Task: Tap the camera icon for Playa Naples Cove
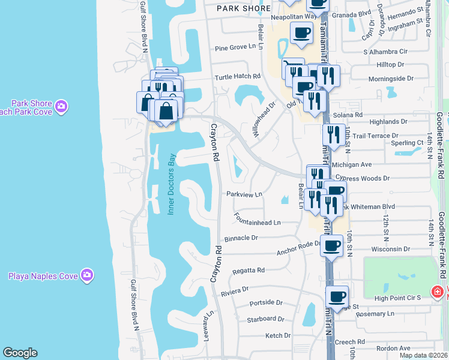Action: coord(87,275)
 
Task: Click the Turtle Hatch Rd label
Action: coord(238,77)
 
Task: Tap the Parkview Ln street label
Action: coord(244,194)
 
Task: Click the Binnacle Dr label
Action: coord(242,238)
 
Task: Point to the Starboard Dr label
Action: coord(265,319)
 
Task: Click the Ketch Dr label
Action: coord(278,335)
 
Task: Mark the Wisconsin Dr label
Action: coord(390,248)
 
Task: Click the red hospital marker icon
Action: coord(438,292)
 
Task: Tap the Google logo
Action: coord(20,353)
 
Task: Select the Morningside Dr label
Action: coord(391,79)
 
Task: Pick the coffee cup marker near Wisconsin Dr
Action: coord(331,245)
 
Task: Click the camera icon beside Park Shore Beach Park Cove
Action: coord(61,107)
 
